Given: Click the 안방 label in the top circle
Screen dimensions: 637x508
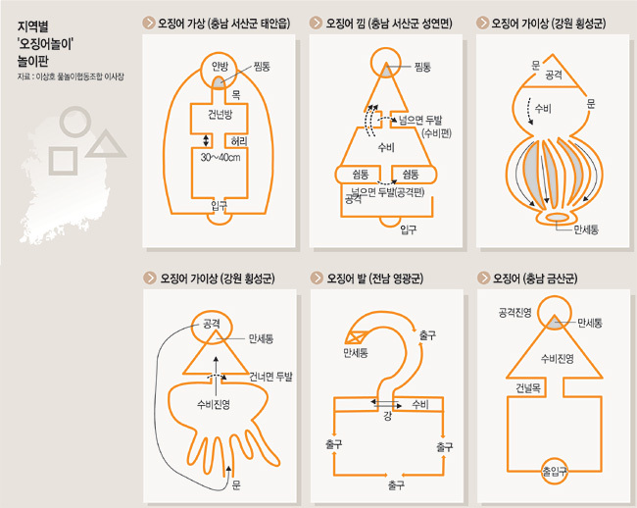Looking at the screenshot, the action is pyautogui.click(x=220, y=67).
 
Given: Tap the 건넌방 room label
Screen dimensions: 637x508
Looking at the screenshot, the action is pyautogui.click(x=220, y=114).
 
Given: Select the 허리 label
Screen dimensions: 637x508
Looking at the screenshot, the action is pyautogui.click(x=239, y=141).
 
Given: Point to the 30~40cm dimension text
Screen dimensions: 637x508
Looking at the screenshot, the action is pyautogui.click(x=220, y=157).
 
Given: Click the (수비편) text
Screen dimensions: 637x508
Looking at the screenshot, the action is pyautogui.click(x=437, y=133).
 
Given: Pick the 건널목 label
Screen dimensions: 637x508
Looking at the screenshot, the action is pyautogui.click(x=528, y=388).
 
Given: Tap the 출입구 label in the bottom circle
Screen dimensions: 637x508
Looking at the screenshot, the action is pyautogui.click(x=555, y=471).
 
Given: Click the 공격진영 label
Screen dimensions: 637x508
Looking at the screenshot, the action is pyautogui.click(x=515, y=313).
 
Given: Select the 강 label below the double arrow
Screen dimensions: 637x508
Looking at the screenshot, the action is pyautogui.click(x=387, y=416).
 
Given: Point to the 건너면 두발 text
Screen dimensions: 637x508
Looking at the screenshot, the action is pyautogui.click(x=270, y=377).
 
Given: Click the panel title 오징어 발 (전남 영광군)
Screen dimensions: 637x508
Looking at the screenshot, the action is pyautogui.click(x=375, y=279).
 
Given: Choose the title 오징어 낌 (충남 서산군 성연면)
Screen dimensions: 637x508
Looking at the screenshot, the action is pyautogui.click(x=389, y=24).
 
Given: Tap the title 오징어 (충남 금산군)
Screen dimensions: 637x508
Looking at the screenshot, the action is pyautogui.click(x=535, y=279).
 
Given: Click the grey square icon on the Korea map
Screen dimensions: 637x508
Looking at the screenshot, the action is pyautogui.click(x=63, y=161).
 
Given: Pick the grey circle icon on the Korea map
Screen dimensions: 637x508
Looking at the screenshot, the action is pyautogui.click(x=74, y=122).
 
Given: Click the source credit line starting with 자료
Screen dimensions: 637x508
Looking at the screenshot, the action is pyautogui.click(x=71, y=76).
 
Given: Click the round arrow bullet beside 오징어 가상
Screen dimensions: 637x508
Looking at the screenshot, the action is pyautogui.click(x=149, y=23).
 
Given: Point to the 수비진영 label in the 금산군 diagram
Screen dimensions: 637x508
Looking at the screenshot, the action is pyautogui.click(x=557, y=359).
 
